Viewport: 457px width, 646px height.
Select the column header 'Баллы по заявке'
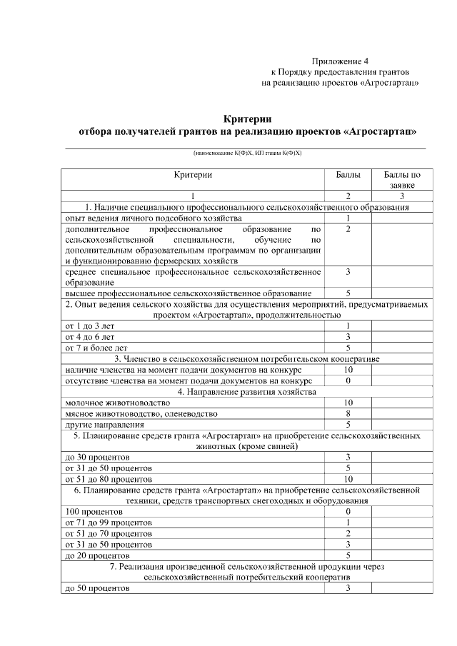[x=402, y=179]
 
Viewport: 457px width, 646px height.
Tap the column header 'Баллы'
[x=348, y=174]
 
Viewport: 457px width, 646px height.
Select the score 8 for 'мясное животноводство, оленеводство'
[x=348, y=413]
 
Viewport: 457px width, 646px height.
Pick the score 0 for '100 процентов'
[x=348, y=512]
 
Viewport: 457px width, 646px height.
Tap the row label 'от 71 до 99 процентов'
[x=108, y=523]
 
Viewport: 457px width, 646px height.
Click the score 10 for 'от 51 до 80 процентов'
[x=348, y=478]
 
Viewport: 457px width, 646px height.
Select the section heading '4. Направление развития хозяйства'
[x=246, y=392]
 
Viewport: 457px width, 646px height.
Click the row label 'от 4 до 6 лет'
[x=90, y=336]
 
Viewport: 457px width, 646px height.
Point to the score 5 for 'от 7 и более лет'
[x=348, y=348]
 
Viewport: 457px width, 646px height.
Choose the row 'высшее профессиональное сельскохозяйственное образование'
[x=189, y=293]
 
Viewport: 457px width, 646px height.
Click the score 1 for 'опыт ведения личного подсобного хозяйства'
[x=348, y=218]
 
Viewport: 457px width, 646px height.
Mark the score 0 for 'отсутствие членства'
[x=348, y=380]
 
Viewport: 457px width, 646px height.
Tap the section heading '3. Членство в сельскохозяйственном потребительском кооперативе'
[x=246, y=358]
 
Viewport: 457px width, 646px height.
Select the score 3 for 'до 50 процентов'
[x=348, y=588]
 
